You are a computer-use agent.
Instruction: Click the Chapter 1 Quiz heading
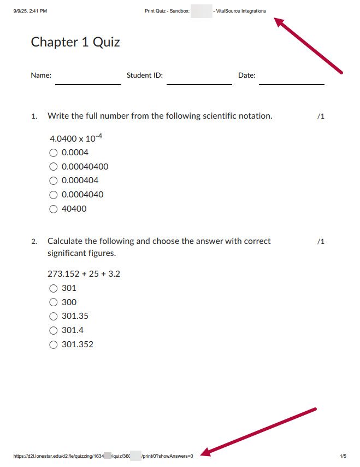pos(75,42)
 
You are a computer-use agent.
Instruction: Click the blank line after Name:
pos(87,84)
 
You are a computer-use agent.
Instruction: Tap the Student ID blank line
pos(199,84)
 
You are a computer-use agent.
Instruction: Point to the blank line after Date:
pos(291,84)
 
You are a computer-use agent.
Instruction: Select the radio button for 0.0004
pos(54,153)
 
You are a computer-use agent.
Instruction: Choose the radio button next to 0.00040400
pos(54,167)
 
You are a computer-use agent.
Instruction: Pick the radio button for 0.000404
pos(54,180)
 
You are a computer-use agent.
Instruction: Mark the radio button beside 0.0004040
pos(54,195)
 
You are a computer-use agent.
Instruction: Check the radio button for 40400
pos(54,209)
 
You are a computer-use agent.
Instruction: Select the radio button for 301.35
pos(54,316)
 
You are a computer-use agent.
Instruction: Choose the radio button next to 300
pos(54,302)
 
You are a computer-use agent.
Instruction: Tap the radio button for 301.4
pos(54,330)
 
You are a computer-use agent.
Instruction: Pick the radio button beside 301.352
pos(54,345)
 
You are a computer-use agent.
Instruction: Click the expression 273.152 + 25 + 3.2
pos(84,273)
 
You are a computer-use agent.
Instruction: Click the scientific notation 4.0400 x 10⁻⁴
pos(76,138)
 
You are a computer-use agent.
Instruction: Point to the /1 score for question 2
pos(321,241)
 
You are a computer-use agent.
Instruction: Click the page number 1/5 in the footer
pos(343,456)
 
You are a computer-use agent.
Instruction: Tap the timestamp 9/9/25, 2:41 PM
pos(30,11)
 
